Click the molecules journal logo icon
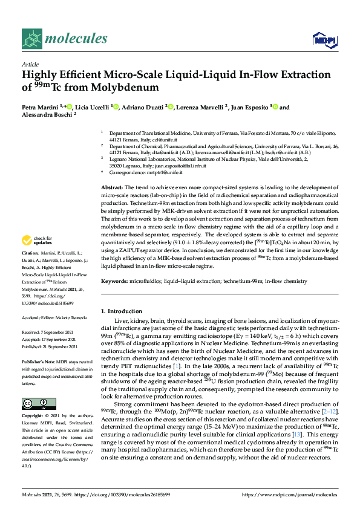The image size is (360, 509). click(31, 40)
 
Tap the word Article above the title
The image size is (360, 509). click(30, 63)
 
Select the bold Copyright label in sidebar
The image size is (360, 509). click(34, 416)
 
